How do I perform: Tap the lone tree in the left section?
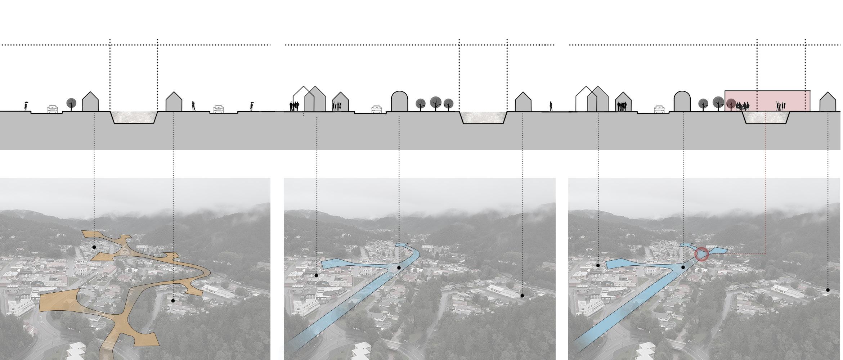pyautogui.click(x=72, y=104)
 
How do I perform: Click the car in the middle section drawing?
pyautogui.click(x=377, y=109)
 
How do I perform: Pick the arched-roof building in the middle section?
pyautogui.click(x=399, y=101)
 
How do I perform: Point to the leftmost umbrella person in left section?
pyautogui.click(x=26, y=107)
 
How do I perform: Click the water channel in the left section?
pyautogui.click(x=134, y=117)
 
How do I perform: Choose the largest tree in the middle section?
pyautogui.click(x=436, y=102)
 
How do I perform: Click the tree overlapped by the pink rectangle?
pyautogui.click(x=731, y=104)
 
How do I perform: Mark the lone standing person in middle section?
pyautogui.click(x=551, y=106)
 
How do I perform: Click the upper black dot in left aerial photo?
pyautogui.click(x=94, y=247)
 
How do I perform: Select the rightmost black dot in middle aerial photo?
pyautogui.click(x=522, y=296)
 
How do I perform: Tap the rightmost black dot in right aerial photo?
pyautogui.click(x=828, y=290)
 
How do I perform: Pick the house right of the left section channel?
pyautogui.click(x=174, y=102)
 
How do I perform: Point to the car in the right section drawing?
pyautogui.click(x=659, y=109)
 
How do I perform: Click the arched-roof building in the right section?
pyautogui.click(x=682, y=101)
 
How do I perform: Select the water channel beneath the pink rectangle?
pyautogui.click(x=767, y=117)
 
